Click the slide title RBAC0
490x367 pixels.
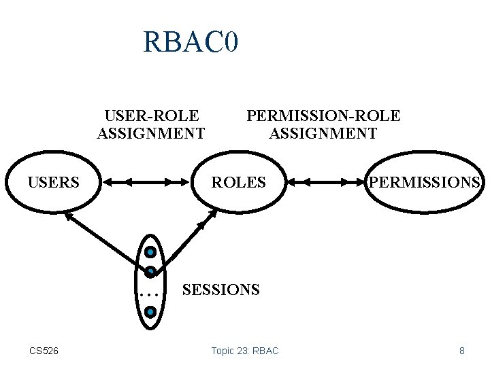pyautogui.click(x=190, y=42)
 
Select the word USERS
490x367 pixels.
pyautogui.click(x=53, y=182)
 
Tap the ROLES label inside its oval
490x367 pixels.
pyautogui.click(x=238, y=182)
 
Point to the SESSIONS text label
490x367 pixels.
pyautogui.click(x=220, y=290)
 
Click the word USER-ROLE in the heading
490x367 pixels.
pyautogui.click(x=151, y=116)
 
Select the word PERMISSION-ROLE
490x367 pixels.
pyautogui.click(x=323, y=116)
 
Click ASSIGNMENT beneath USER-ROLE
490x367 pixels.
pyautogui.click(x=151, y=133)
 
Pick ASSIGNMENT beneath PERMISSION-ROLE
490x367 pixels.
pyautogui.click(x=323, y=133)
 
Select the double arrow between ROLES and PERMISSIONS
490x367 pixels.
pyautogui.click(x=325, y=182)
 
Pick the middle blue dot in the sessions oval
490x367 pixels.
pyautogui.click(x=150, y=271)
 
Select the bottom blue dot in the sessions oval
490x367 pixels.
pyautogui.click(x=150, y=312)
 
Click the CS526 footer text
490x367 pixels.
pyautogui.click(x=44, y=351)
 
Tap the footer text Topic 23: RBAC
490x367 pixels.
pyautogui.click(x=245, y=351)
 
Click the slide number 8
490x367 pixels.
pyautogui.click(x=462, y=351)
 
